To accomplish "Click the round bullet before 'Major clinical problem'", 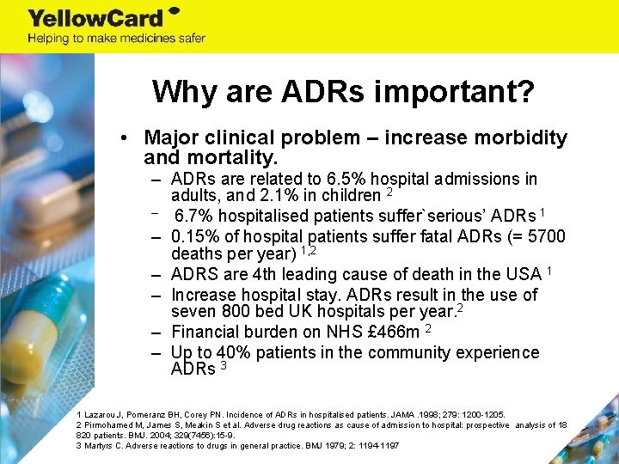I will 125,138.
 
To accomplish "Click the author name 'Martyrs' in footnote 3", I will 99,445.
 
